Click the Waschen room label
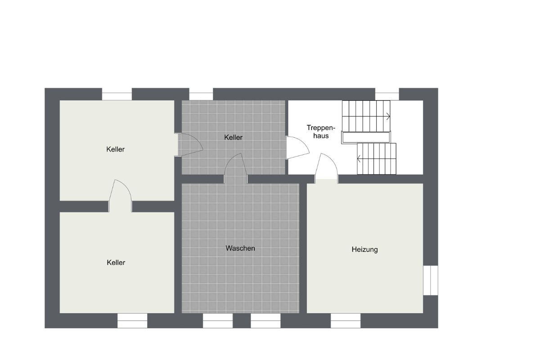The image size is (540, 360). (x=240, y=248)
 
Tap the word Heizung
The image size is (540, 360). (x=364, y=250)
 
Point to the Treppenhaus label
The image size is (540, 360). (x=321, y=132)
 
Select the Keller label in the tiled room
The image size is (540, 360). (x=233, y=137)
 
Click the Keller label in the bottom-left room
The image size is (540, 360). (x=116, y=262)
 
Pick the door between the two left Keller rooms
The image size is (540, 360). (x=120, y=196)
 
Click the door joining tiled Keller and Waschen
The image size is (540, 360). (x=235, y=168)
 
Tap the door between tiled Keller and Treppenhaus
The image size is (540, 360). (x=298, y=148)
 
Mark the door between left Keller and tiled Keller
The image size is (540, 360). (x=190, y=145)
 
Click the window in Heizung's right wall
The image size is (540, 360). (x=431, y=280)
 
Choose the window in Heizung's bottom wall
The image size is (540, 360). (x=346, y=320)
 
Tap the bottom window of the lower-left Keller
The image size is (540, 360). (x=132, y=320)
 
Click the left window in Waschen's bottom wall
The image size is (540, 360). (x=218, y=320)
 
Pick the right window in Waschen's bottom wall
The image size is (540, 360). (x=265, y=320)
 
